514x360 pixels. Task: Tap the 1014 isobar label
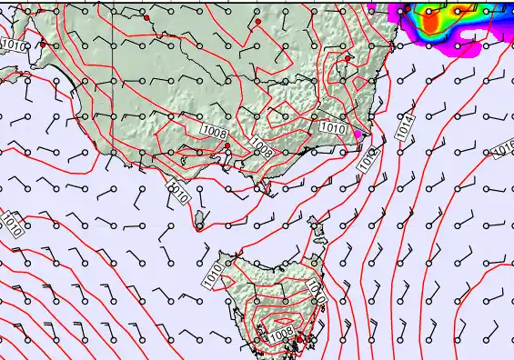point(406,126)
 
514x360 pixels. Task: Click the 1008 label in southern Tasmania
point(282,336)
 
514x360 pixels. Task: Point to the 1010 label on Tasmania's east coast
point(317,289)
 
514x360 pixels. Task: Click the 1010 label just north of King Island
point(179,190)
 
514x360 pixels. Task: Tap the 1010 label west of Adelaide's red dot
point(14,45)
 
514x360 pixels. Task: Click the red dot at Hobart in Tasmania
point(299,339)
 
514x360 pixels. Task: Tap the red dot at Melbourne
point(227,145)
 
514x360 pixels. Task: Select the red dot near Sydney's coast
point(348,58)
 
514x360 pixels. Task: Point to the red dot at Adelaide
point(43,44)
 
